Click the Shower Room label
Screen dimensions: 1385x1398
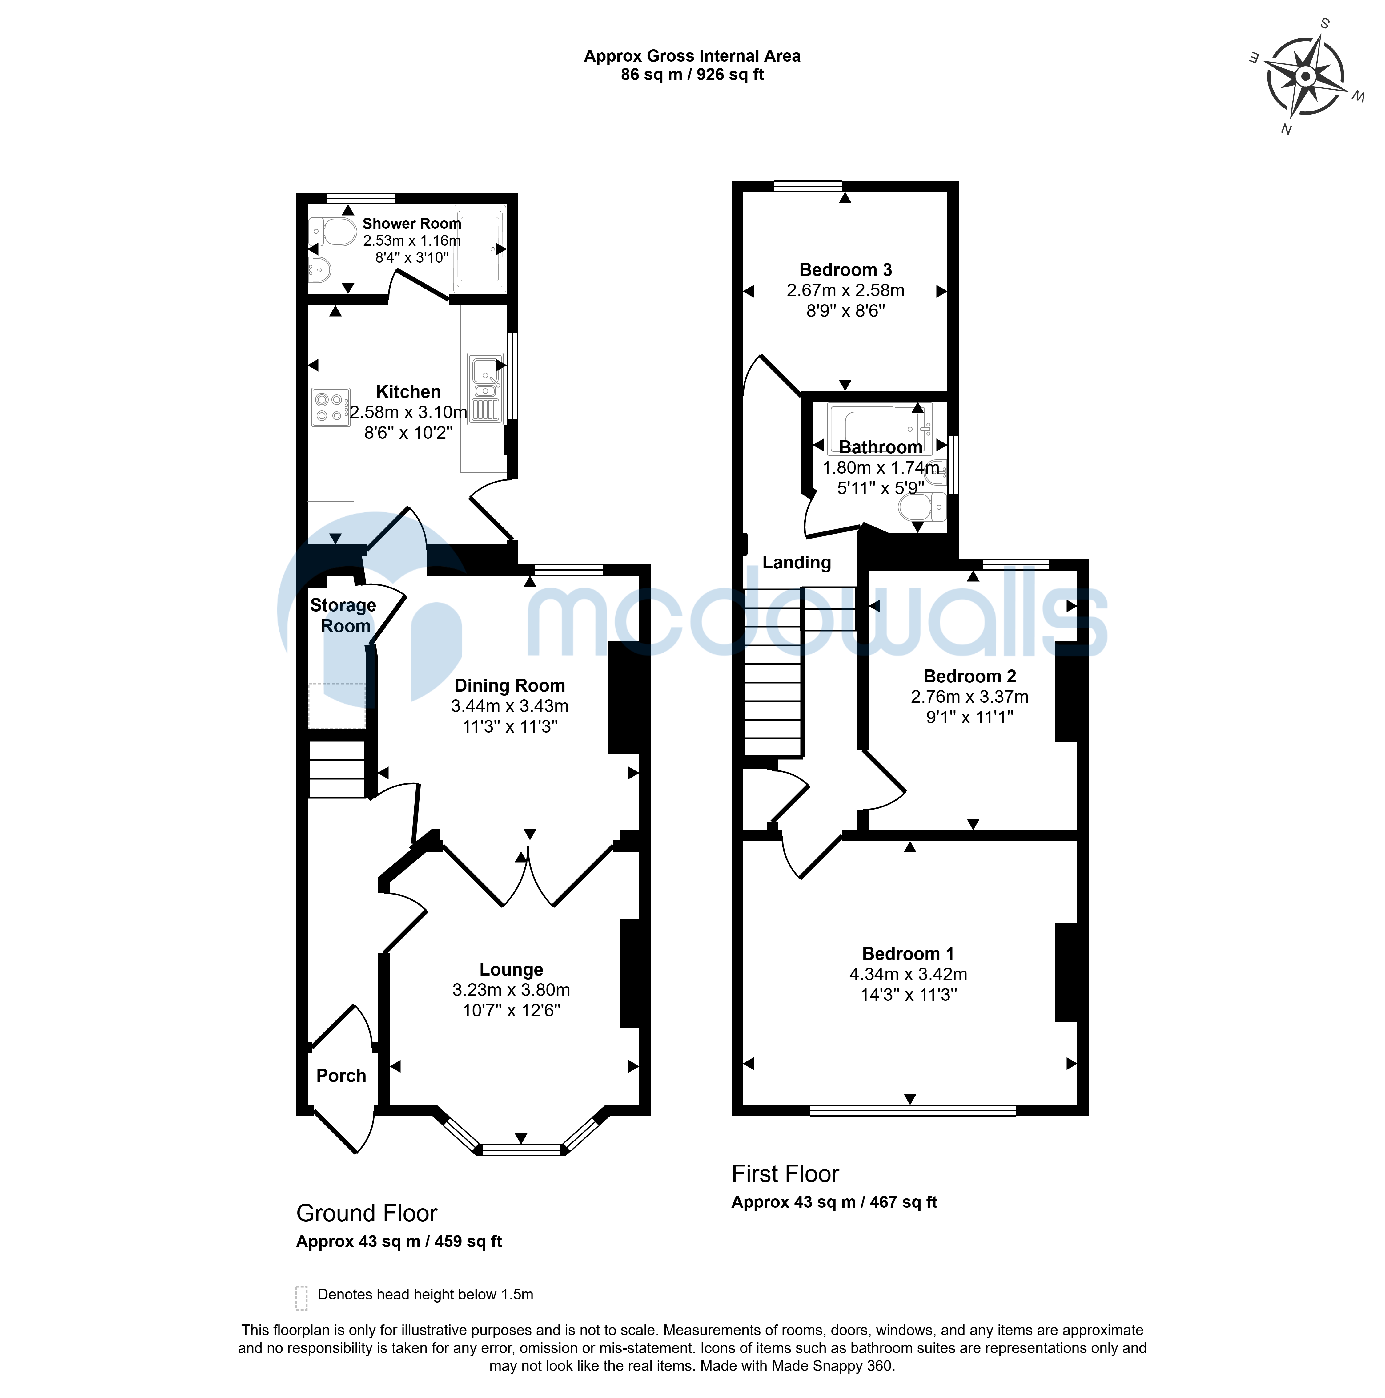click(411, 224)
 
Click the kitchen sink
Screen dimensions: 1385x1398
click(485, 389)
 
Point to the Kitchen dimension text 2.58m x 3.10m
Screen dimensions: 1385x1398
click(409, 412)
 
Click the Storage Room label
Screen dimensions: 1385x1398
click(343, 616)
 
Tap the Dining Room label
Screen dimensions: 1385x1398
click(510, 685)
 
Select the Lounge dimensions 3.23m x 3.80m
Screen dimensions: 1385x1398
click(511, 990)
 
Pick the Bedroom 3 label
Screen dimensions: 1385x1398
click(845, 270)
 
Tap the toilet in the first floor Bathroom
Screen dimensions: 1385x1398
click(922, 507)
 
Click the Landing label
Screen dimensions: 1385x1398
click(796, 562)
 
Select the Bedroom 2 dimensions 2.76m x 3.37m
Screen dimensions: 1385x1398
click(969, 697)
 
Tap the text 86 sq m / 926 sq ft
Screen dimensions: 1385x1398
click(692, 75)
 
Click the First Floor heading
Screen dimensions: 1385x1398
click(785, 1174)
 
